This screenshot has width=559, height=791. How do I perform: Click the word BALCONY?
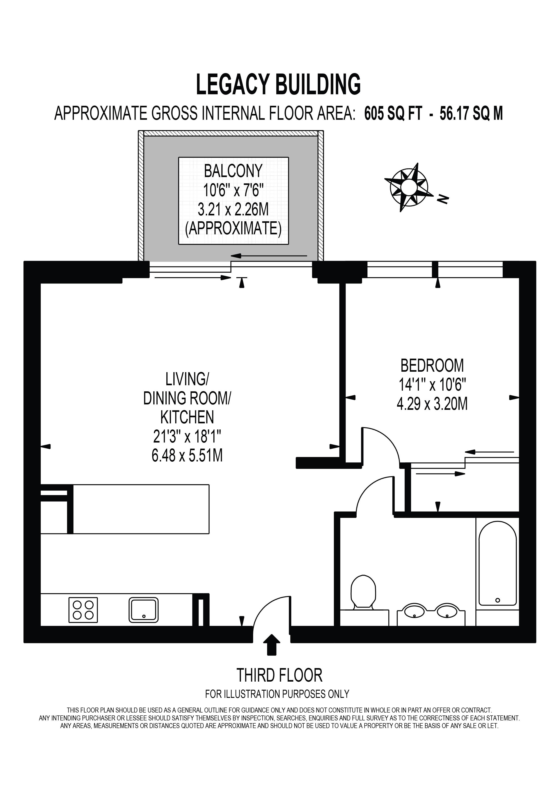(x=233, y=171)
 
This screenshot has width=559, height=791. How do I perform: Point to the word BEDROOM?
(x=432, y=366)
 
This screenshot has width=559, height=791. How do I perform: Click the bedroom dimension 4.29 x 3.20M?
(x=432, y=404)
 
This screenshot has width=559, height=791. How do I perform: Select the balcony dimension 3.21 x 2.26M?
(x=233, y=209)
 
